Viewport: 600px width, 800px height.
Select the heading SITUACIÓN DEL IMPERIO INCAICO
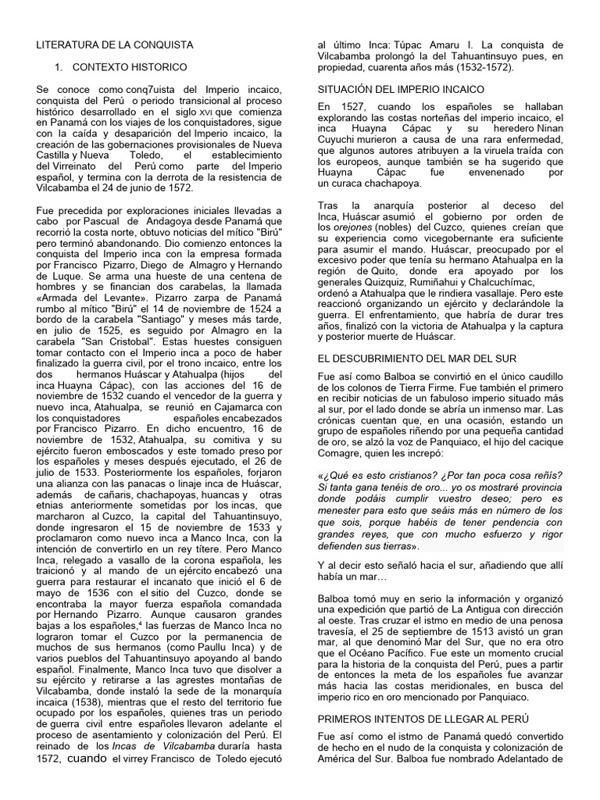click(x=401, y=91)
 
